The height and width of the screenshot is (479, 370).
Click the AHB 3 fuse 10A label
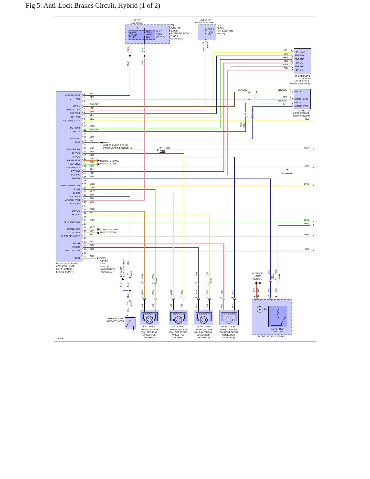pyautogui.click(x=210, y=32)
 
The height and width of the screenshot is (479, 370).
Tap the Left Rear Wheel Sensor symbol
pyautogui.click(x=150, y=317)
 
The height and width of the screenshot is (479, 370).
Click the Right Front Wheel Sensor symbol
pyautogui.click(x=229, y=317)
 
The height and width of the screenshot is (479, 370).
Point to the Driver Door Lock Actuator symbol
pyautogui.click(x=130, y=323)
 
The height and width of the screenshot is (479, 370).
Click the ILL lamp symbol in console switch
pyautogui.click(x=260, y=309)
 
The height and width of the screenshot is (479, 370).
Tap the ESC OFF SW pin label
pyautogui.click(x=73, y=149)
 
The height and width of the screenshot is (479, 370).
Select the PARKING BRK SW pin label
pyautogui.click(x=70, y=185)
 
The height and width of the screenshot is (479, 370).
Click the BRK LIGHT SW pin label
pyautogui.click(x=72, y=222)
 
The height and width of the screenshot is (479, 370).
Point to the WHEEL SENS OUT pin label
pyautogui.click(x=70, y=236)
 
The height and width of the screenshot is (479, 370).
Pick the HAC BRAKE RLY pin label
pyautogui.click(x=71, y=121)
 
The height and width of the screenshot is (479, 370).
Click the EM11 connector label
pyautogui.click(x=162, y=151)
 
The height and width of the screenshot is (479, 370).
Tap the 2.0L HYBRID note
pyautogui.click(x=287, y=173)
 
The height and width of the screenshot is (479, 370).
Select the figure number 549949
pyautogui.click(x=59, y=338)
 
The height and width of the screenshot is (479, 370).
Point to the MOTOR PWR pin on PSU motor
pyautogui.click(x=301, y=106)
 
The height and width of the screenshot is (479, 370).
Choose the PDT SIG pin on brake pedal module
pyautogui.click(x=299, y=63)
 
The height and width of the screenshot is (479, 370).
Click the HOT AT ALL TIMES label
pyautogui.click(x=137, y=21)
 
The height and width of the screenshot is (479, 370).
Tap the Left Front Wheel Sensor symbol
pyautogui.click(x=178, y=317)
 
